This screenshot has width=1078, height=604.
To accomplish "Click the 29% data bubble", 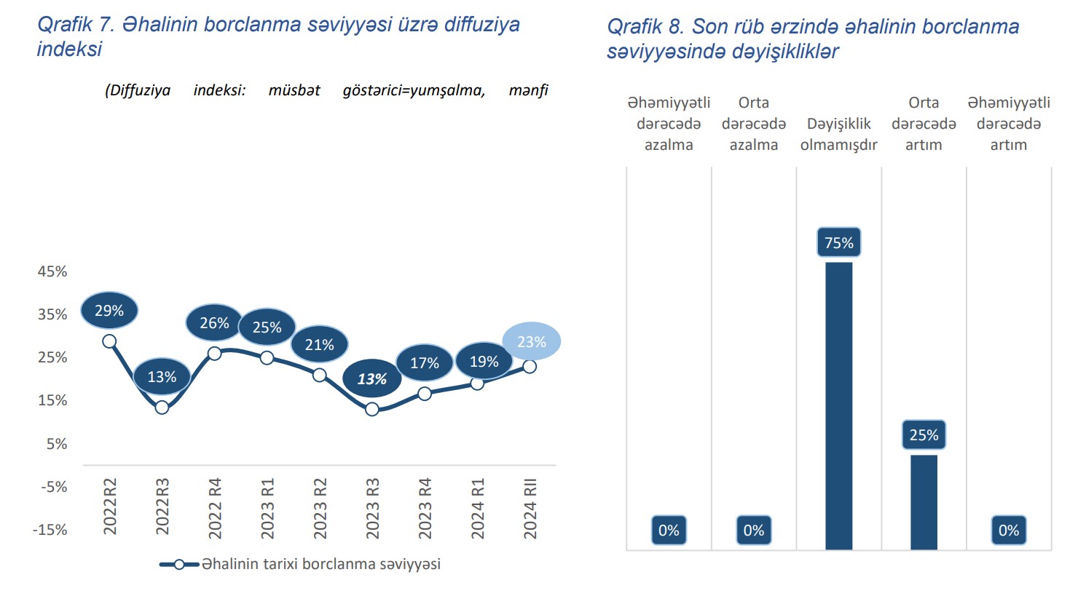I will (109, 311).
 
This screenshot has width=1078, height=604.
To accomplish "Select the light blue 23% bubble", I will (532, 341).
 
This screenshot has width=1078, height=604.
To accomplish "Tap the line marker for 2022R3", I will (162, 408).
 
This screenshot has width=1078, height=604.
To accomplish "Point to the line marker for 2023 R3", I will (372, 409).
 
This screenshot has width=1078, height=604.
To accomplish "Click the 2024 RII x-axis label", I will (530, 509).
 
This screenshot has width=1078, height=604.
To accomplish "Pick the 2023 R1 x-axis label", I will (267, 509).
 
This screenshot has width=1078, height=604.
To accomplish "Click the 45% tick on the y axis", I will (52, 271).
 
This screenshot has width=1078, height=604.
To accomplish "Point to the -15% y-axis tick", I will (50, 530).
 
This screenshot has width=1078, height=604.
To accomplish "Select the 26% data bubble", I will (214, 323).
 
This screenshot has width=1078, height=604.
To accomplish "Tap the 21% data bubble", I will (320, 345).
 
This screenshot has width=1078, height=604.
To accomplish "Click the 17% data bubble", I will (425, 363).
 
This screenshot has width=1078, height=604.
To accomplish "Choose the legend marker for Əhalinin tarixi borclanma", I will (178, 564).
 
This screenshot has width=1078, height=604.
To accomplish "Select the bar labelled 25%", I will (924, 501).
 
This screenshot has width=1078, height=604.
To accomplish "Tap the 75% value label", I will (838, 242).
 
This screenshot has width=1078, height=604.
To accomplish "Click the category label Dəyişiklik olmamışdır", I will (838, 135).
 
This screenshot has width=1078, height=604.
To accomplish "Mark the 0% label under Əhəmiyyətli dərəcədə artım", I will (1009, 531).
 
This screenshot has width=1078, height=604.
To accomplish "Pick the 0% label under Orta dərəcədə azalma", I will (754, 531).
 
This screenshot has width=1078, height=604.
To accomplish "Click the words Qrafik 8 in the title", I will (645, 27).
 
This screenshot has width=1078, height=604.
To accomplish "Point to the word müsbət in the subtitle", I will (294, 90).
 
